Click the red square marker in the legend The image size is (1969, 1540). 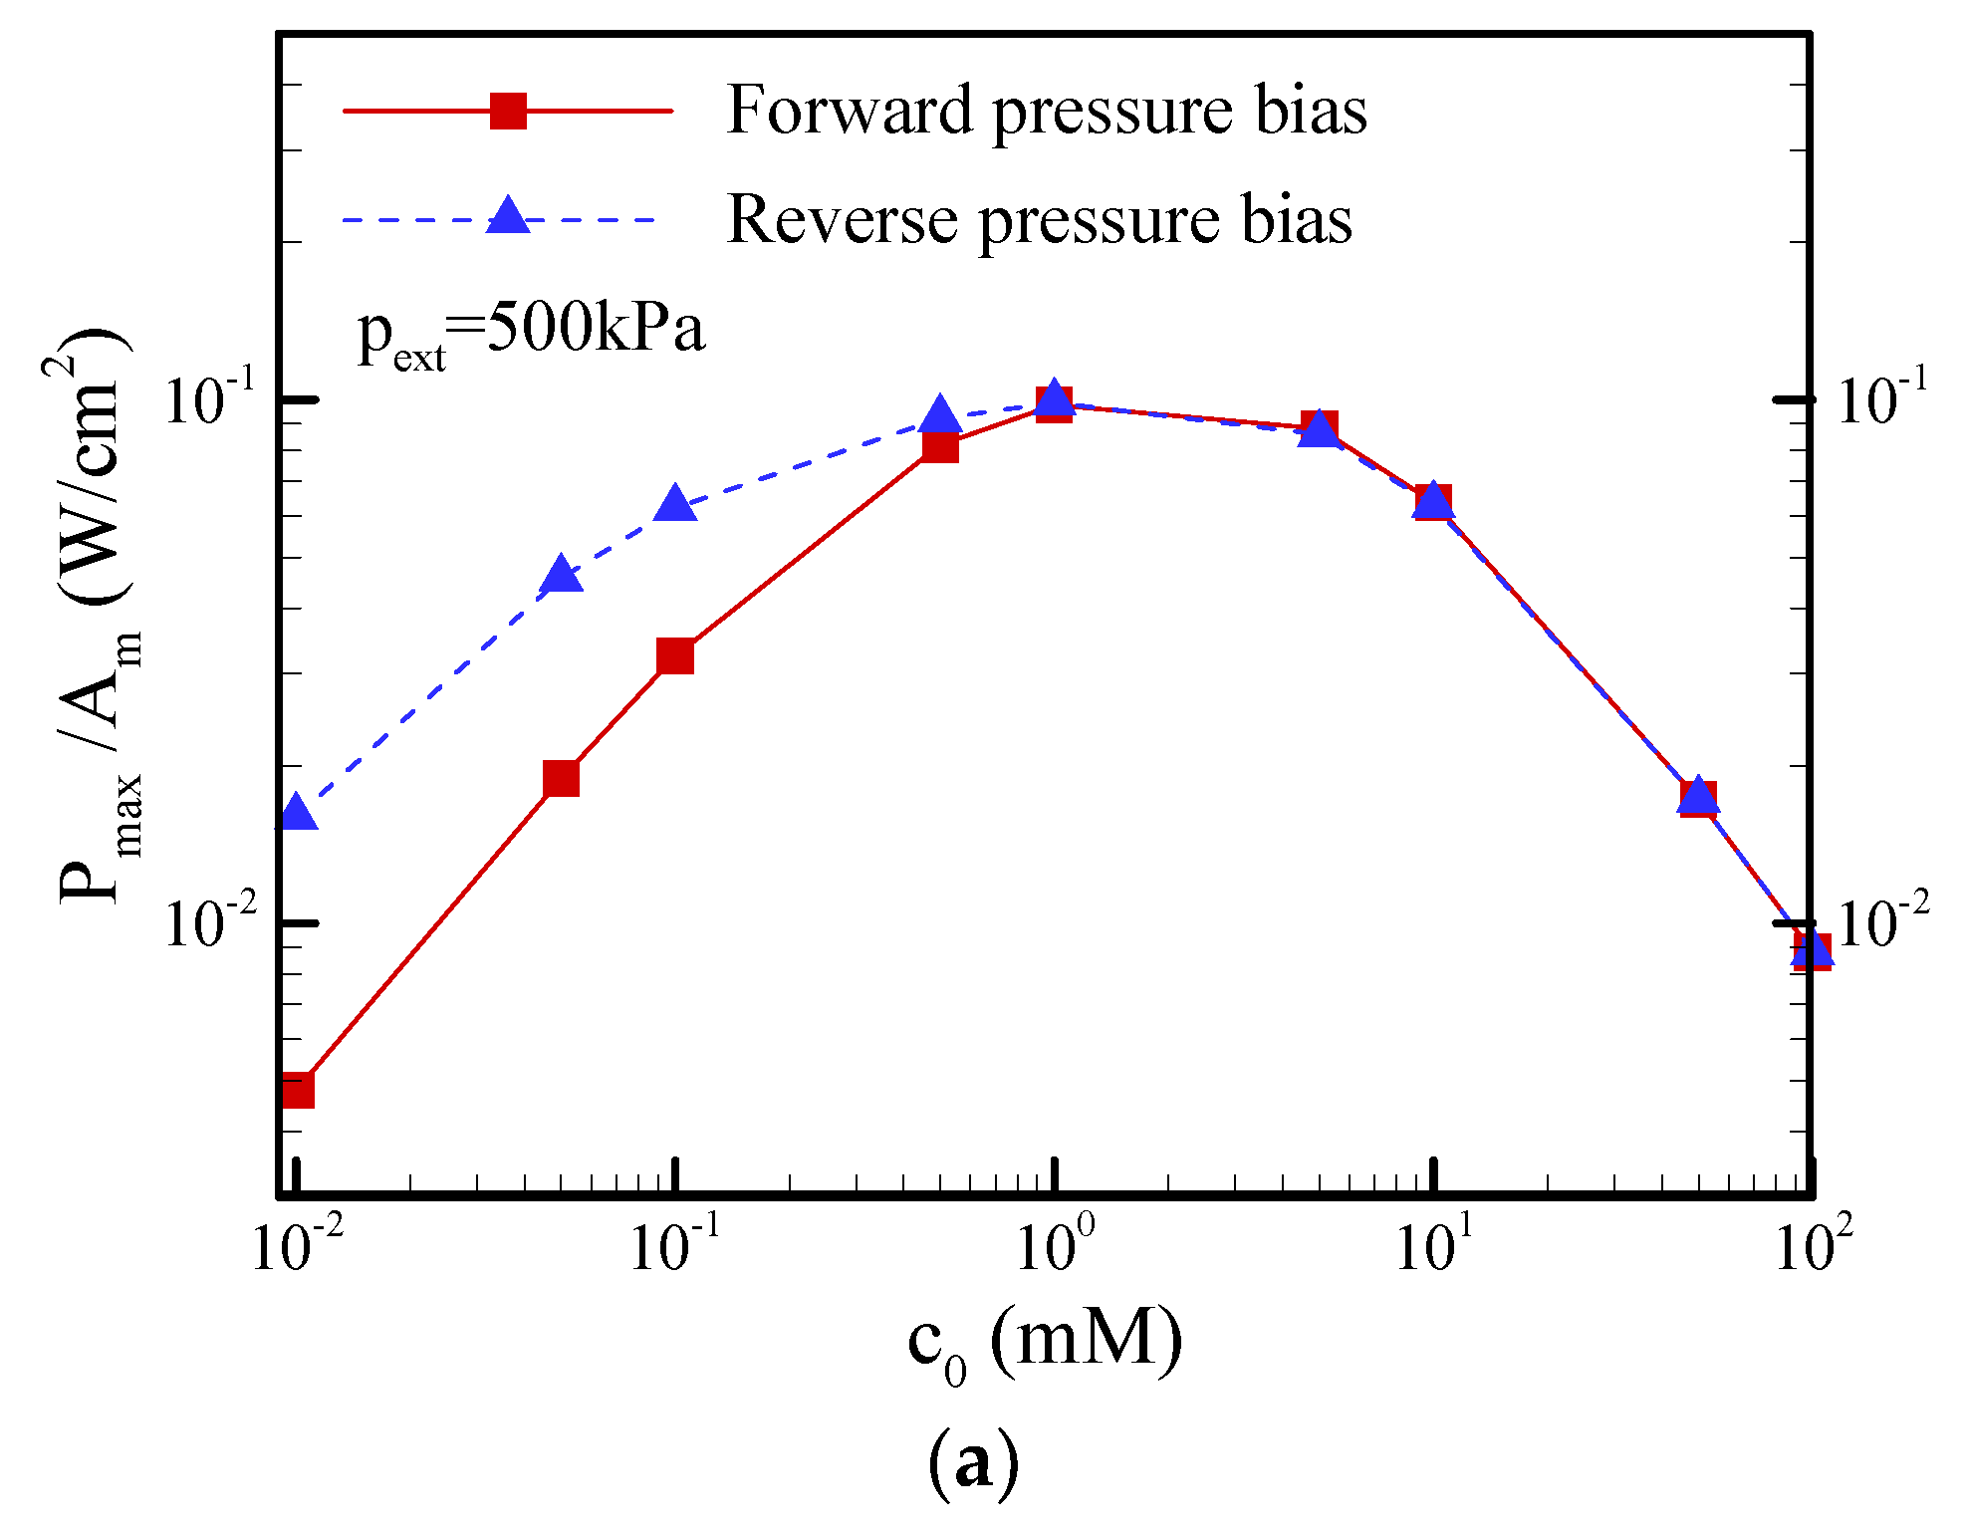(x=508, y=111)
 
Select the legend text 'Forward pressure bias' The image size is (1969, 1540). (x=1047, y=111)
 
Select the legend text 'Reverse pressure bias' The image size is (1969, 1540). (x=1040, y=219)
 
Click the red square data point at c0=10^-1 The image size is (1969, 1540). (x=675, y=656)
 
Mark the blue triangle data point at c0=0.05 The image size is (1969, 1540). (x=562, y=576)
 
